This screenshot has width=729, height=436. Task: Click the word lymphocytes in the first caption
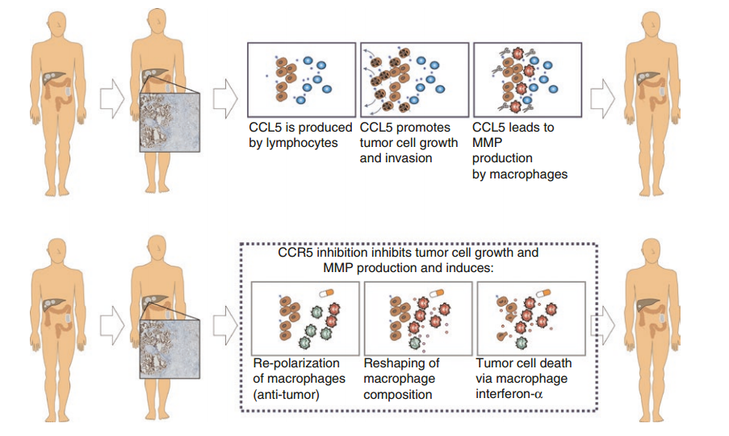tap(293, 144)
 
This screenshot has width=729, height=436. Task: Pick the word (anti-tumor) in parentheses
tap(286, 394)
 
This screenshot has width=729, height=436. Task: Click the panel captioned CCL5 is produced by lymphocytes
tap(300, 80)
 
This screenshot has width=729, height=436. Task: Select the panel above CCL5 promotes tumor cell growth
tap(413, 80)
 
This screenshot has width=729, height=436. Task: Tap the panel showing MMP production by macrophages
tap(526, 80)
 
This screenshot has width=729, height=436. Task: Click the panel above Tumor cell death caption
tap(530, 318)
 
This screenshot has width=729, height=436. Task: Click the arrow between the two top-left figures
tap(110, 98)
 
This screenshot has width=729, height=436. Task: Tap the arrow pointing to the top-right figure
tap(601, 98)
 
